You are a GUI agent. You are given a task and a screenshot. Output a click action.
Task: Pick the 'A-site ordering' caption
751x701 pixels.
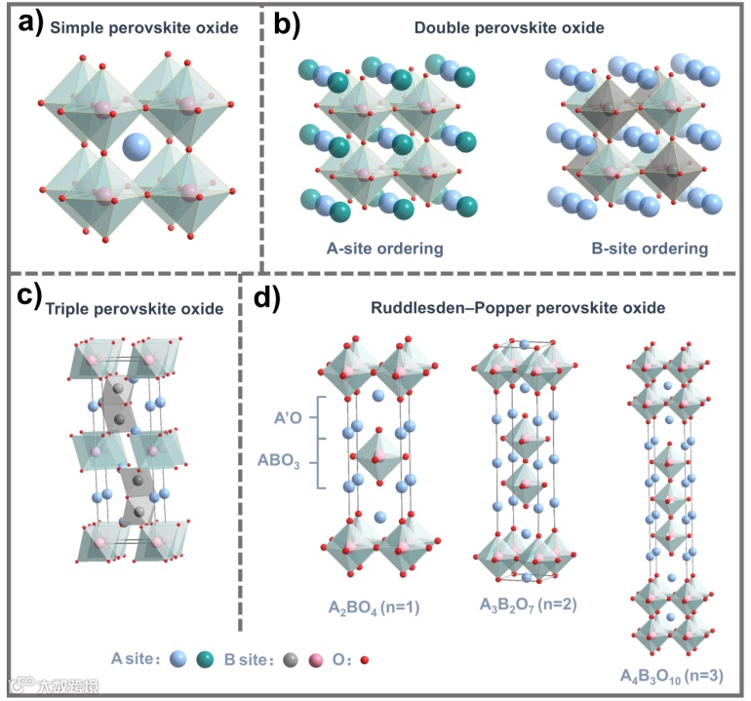[x=384, y=248]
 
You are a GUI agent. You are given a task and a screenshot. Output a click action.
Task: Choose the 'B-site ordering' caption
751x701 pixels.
[x=650, y=248]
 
